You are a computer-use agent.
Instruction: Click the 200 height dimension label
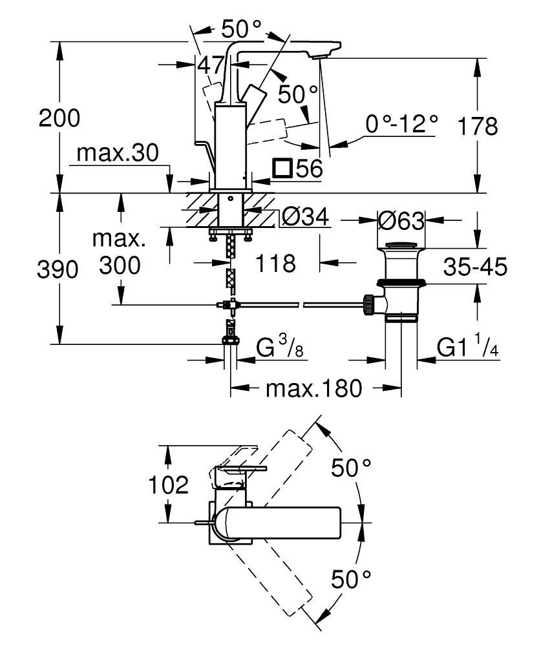(59, 118)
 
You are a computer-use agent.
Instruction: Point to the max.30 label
(116, 154)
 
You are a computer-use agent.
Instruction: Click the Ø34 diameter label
(305, 219)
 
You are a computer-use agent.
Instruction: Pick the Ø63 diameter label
(401, 221)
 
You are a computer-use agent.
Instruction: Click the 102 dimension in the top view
(170, 484)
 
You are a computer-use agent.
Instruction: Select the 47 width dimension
(211, 65)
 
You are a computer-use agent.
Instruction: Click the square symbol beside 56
(282, 169)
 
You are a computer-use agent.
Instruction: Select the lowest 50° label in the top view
(352, 579)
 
